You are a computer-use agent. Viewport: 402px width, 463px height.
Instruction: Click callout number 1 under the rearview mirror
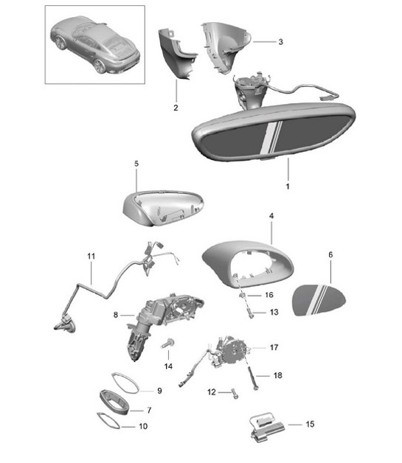pos(287,187)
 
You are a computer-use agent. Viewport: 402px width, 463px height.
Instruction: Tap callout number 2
pos(176,108)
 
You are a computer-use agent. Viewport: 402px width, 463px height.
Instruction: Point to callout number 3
pos(280,42)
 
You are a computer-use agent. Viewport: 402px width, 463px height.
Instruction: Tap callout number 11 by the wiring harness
pos(91,257)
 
